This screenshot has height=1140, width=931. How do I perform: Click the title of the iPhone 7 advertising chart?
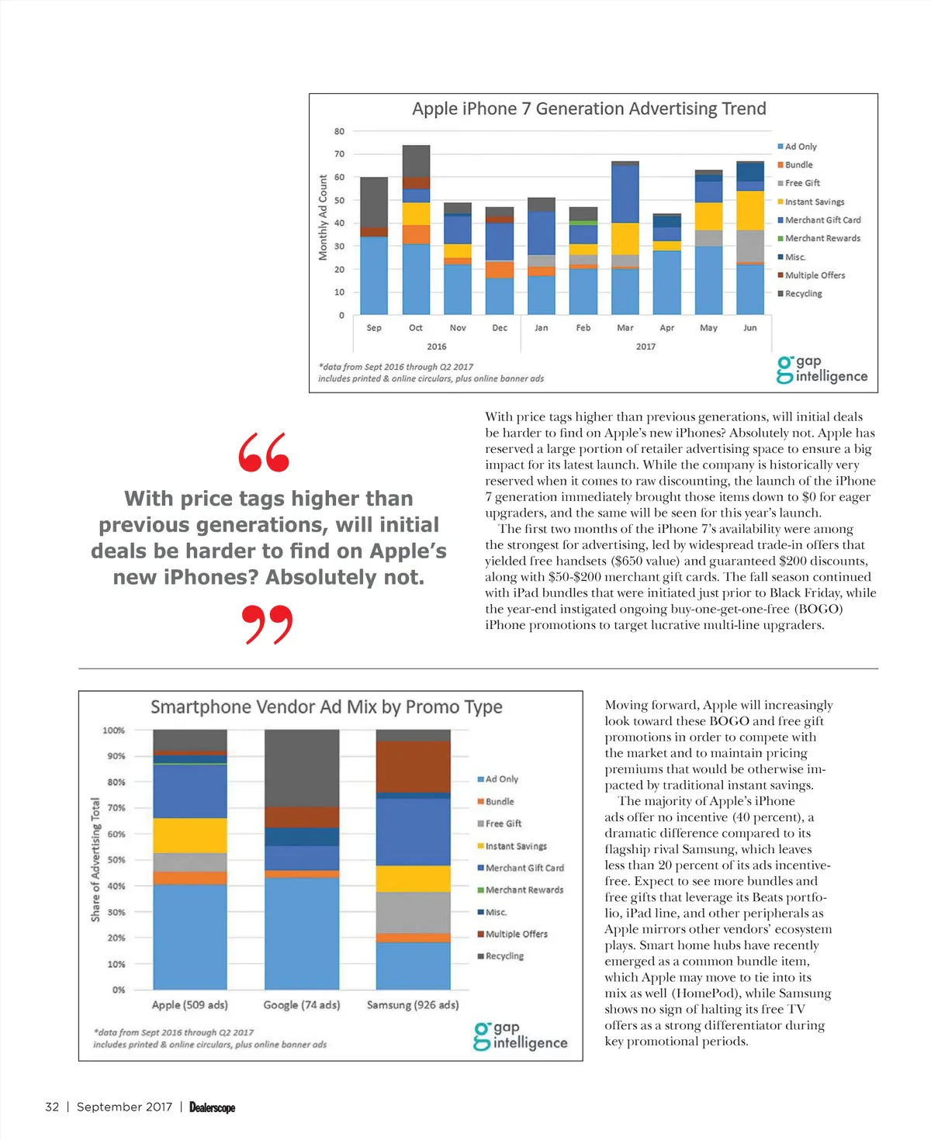[589, 109]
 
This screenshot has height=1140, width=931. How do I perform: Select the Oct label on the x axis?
[416, 328]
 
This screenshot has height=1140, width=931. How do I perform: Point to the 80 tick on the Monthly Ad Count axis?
[339, 132]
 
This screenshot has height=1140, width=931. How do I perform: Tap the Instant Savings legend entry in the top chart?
[814, 202]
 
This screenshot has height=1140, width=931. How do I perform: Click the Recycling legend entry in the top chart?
[803, 294]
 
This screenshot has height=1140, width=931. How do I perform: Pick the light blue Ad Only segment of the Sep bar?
[374, 275]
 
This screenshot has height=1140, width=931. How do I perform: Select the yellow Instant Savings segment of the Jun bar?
[750, 210]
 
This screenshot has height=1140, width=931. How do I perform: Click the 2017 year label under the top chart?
[645, 347]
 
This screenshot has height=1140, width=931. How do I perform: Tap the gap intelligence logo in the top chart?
[822, 369]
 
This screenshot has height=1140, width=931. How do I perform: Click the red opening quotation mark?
[264, 453]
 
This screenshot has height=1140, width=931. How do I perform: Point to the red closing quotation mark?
[267, 625]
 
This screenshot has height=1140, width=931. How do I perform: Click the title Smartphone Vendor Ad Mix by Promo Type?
[327, 707]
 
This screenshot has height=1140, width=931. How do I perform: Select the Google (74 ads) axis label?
[302, 1005]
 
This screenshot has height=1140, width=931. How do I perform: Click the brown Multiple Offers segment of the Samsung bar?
[414, 766]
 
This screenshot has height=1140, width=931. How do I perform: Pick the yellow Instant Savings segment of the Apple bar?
[190, 835]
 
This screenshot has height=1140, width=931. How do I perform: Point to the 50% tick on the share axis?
[116, 860]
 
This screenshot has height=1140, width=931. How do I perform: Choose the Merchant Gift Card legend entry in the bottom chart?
[524, 868]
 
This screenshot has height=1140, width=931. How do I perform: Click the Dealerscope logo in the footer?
[212, 1107]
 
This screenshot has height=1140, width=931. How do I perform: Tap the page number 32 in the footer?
[52, 1107]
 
